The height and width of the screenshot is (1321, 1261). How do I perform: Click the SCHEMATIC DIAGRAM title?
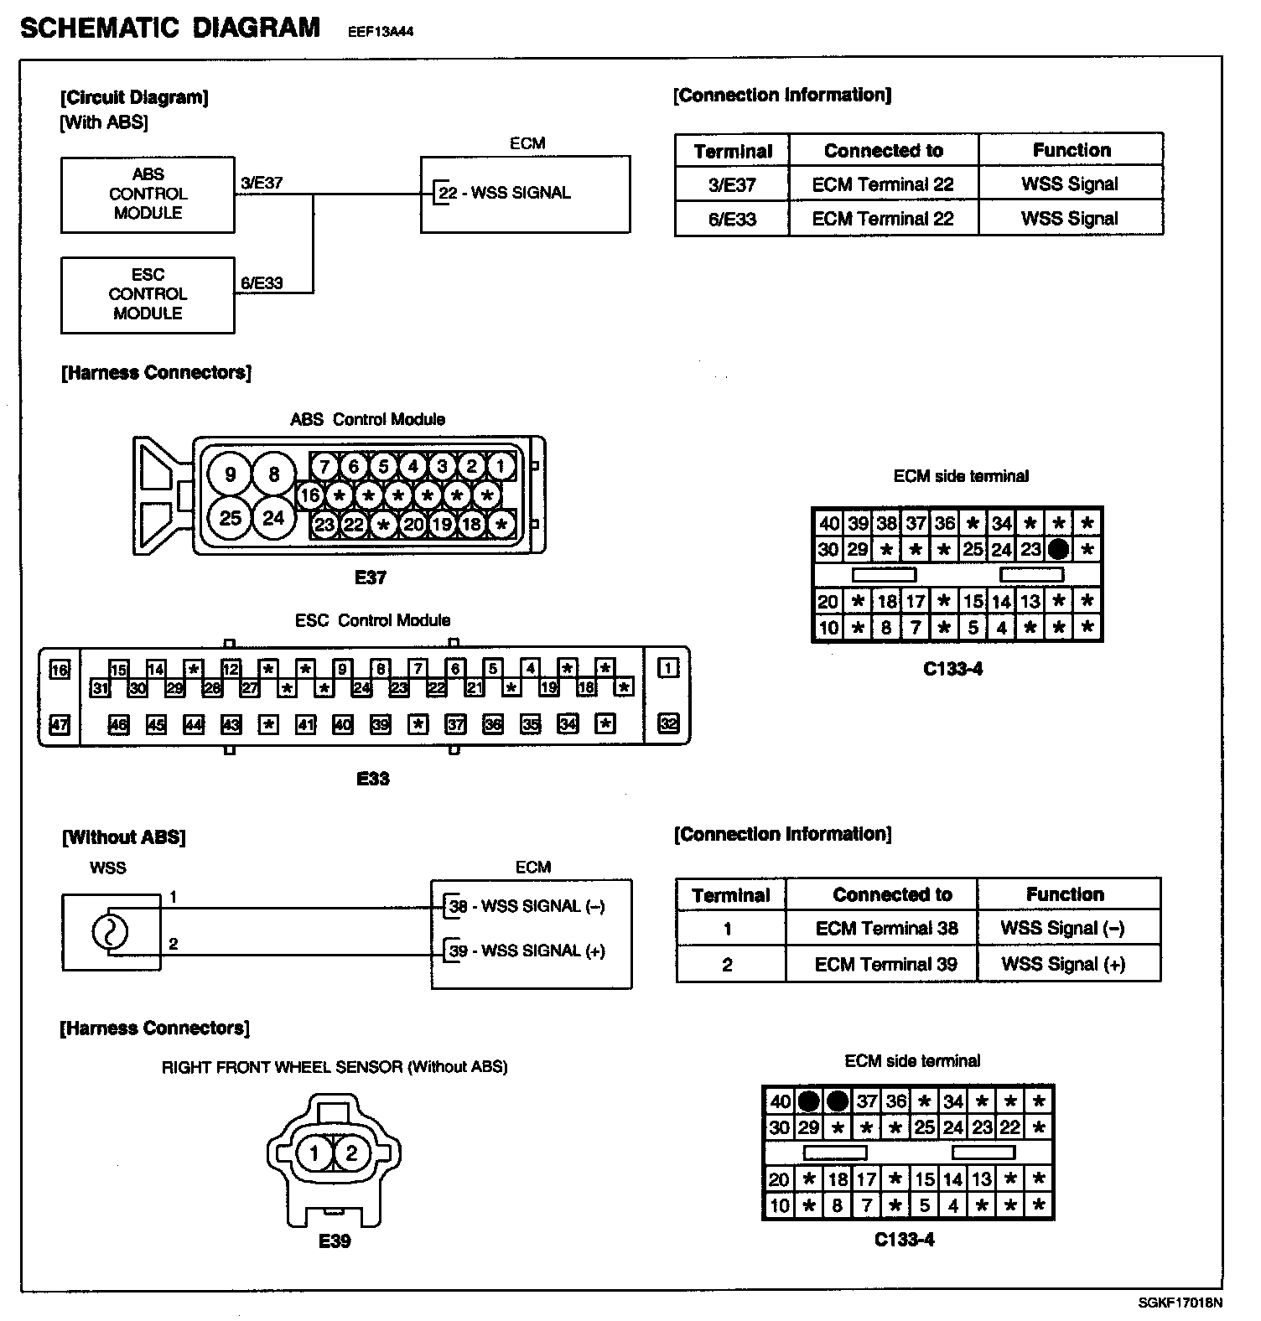[170, 28]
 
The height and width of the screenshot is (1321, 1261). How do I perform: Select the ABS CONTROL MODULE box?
[148, 194]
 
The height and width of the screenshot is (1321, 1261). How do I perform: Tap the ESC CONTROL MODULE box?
[148, 294]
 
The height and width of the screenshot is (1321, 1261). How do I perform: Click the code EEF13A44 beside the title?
[381, 33]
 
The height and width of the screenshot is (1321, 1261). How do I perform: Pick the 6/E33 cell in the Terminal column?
[732, 219]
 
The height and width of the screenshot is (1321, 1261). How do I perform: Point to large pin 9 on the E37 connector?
[230, 474]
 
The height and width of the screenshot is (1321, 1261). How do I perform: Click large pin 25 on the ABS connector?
[230, 518]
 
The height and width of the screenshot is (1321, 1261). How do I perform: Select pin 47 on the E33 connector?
[60, 724]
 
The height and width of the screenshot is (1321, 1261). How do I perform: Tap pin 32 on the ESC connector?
[668, 723]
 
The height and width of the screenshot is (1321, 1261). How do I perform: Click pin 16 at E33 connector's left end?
[60, 670]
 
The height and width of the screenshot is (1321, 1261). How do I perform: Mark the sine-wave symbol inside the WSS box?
[109, 931]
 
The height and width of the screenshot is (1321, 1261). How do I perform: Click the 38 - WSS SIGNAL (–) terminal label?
[527, 906]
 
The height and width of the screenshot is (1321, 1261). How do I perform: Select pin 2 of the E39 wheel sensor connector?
[351, 1153]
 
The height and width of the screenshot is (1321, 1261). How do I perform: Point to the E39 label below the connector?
[334, 1241]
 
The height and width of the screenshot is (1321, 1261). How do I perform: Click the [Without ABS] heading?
[123, 837]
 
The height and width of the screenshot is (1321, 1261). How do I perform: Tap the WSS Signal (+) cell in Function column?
[1062, 964]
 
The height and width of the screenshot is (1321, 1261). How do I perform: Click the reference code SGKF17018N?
[1180, 1303]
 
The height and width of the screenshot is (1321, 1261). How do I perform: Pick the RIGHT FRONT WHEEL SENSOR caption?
[334, 1067]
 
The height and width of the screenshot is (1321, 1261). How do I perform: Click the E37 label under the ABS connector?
[370, 577]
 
